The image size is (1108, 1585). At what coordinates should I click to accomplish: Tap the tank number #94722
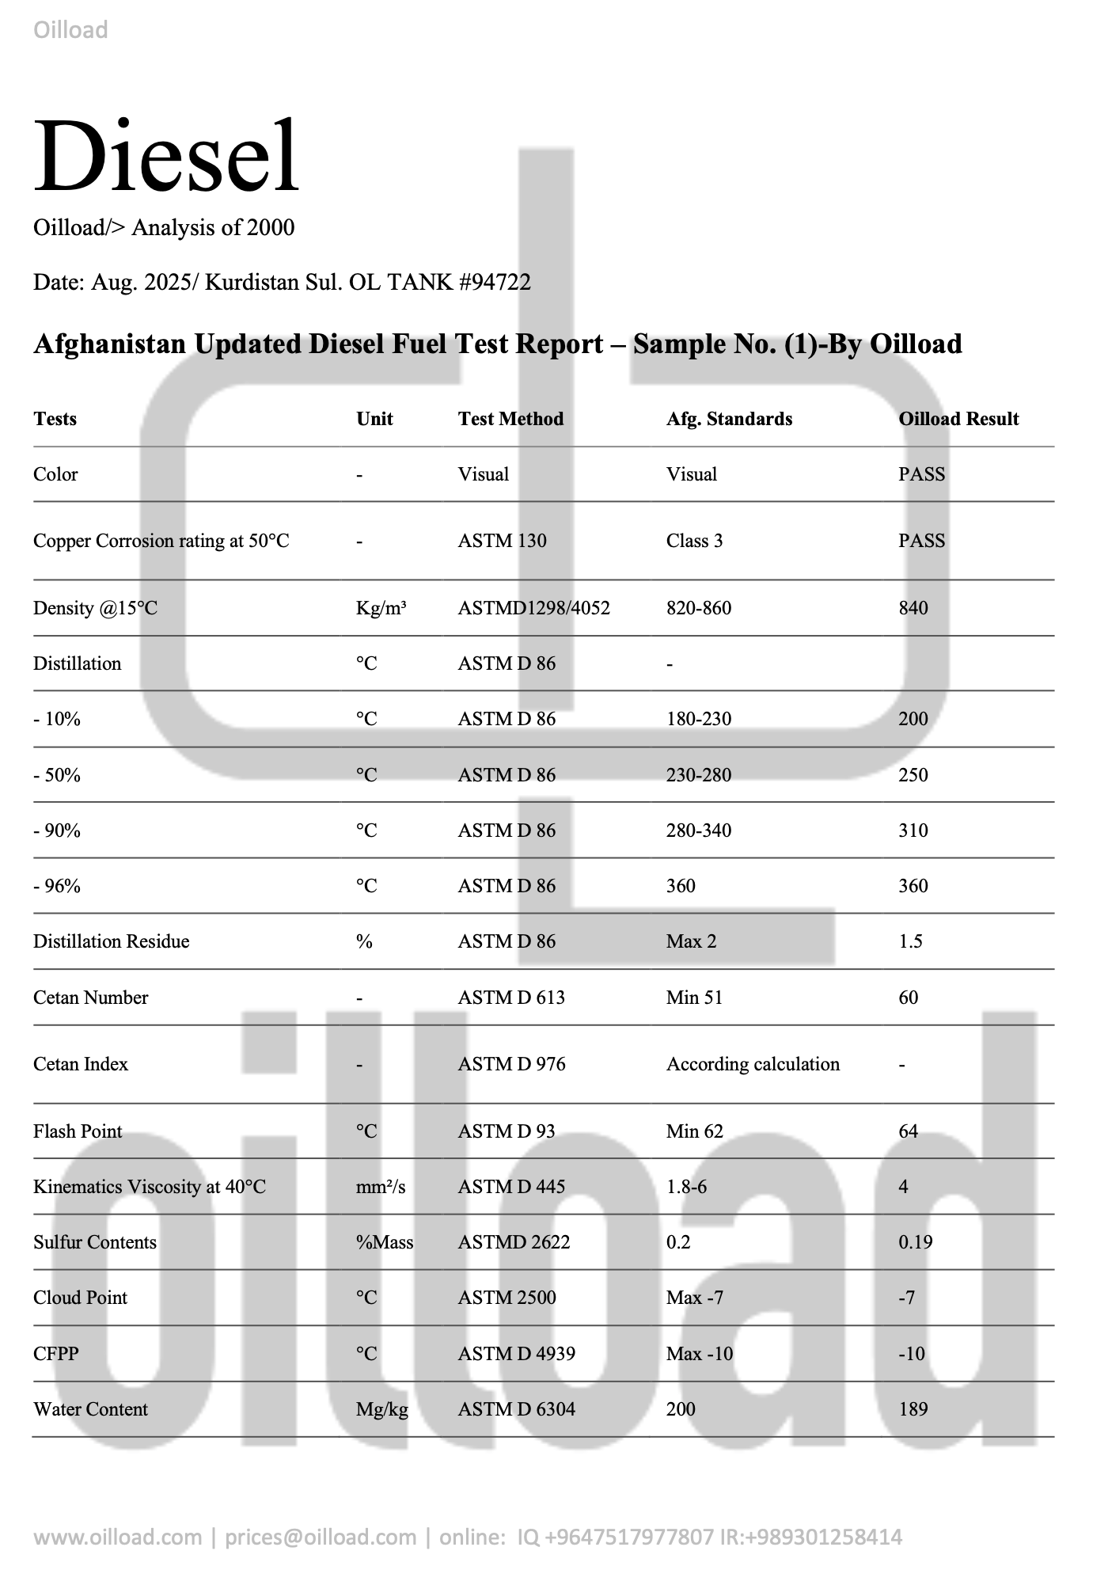(495, 282)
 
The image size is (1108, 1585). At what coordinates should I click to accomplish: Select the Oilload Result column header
(958, 419)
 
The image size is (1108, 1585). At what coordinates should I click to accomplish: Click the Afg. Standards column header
(729, 419)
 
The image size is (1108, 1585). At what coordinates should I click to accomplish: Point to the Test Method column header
(510, 419)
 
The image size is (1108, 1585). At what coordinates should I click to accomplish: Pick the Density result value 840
(913, 608)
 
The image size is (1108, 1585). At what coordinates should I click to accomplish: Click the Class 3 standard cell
(694, 541)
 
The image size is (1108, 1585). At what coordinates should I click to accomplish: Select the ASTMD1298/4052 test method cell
(533, 608)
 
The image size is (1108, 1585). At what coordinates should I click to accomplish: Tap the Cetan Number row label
(90, 998)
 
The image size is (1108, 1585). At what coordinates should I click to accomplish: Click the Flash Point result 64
(908, 1131)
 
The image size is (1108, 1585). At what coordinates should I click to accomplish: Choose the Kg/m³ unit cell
(381, 608)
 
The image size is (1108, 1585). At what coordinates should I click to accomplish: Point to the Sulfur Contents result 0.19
(915, 1242)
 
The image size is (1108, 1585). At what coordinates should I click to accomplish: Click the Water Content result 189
(913, 1409)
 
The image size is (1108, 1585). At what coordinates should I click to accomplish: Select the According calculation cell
(753, 1064)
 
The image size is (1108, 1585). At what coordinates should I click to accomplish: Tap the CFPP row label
(55, 1354)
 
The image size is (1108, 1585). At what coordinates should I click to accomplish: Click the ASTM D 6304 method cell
(516, 1409)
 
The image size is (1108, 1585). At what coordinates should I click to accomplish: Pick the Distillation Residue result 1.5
(910, 941)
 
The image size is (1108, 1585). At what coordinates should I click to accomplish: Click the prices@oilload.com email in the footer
(321, 1537)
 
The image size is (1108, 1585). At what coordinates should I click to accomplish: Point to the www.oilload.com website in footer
(117, 1537)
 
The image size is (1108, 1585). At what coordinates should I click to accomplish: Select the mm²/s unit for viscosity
(381, 1187)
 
